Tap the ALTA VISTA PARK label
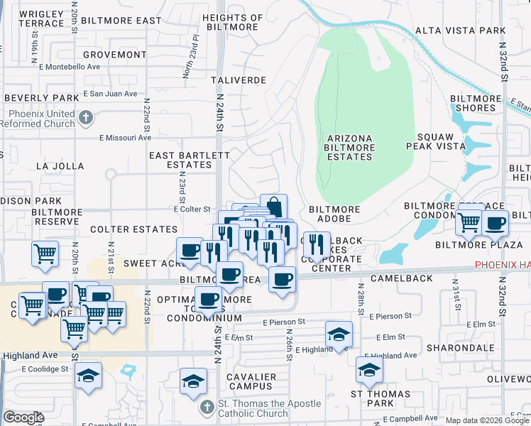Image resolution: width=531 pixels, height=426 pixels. [x=460, y=31]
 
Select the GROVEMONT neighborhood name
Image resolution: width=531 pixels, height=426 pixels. [x=114, y=55]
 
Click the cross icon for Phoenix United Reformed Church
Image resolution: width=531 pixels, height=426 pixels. [x=85, y=116]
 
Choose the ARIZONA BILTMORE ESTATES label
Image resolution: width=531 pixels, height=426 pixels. [x=349, y=147]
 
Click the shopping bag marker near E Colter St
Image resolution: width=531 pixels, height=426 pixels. [x=273, y=207]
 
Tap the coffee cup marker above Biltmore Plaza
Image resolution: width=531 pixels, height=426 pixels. [x=495, y=222]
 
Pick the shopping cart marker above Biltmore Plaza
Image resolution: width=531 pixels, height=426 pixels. [x=469, y=222]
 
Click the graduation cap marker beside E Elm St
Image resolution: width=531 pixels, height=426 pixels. [x=339, y=333]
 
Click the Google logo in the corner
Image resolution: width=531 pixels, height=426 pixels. [x=24, y=417]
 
